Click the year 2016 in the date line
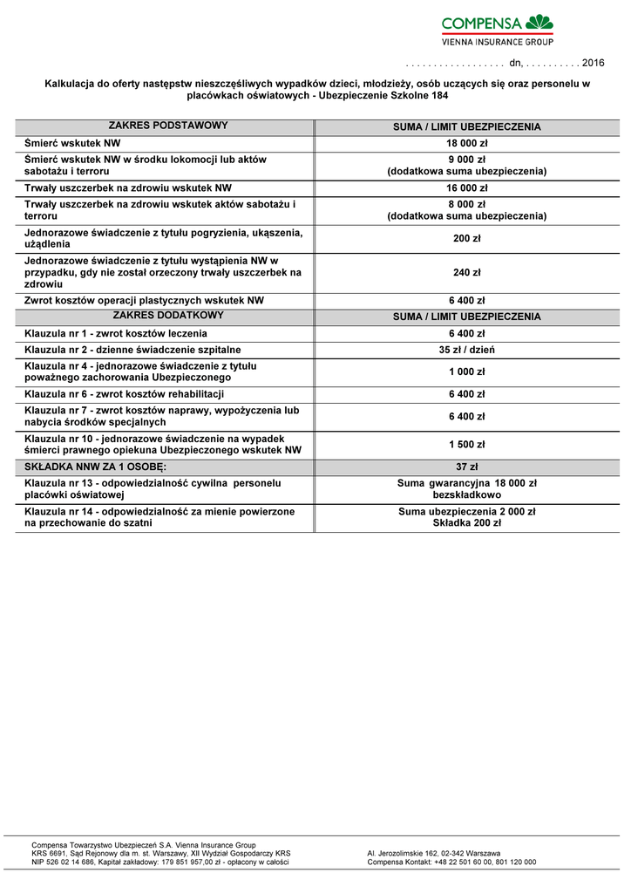pyautogui.click(x=593, y=63)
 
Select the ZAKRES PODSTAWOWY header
pyautogui.click(x=168, y=126)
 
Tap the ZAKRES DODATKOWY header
pyautogui.click(x=168, y=316)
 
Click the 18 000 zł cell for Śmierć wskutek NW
pyautogui.click(x=467, y=142)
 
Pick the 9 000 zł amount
pyautogui.click(x=467, y=160)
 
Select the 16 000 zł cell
pyautogui.click(x=467, y=187)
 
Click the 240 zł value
pyautogui.click(x=467, y=273)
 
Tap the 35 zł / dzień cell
pyautogui.click(x=467, y=350)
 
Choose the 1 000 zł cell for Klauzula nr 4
pyautogui.click(x=467, y=372)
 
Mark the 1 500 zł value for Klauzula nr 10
pyautogui.click(x=467, y=444)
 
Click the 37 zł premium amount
pyautogui.click(x=467, y=467)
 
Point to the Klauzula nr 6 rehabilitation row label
pyautogui.click(x=125, y=394)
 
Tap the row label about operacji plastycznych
pyautogui.click(x=144, y=300)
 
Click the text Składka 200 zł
pyautogui.click(x=467, y=523)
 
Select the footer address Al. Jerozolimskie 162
pyautogui.click(x=434, y=853)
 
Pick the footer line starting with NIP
pyautogui.click(x=159, y=862)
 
